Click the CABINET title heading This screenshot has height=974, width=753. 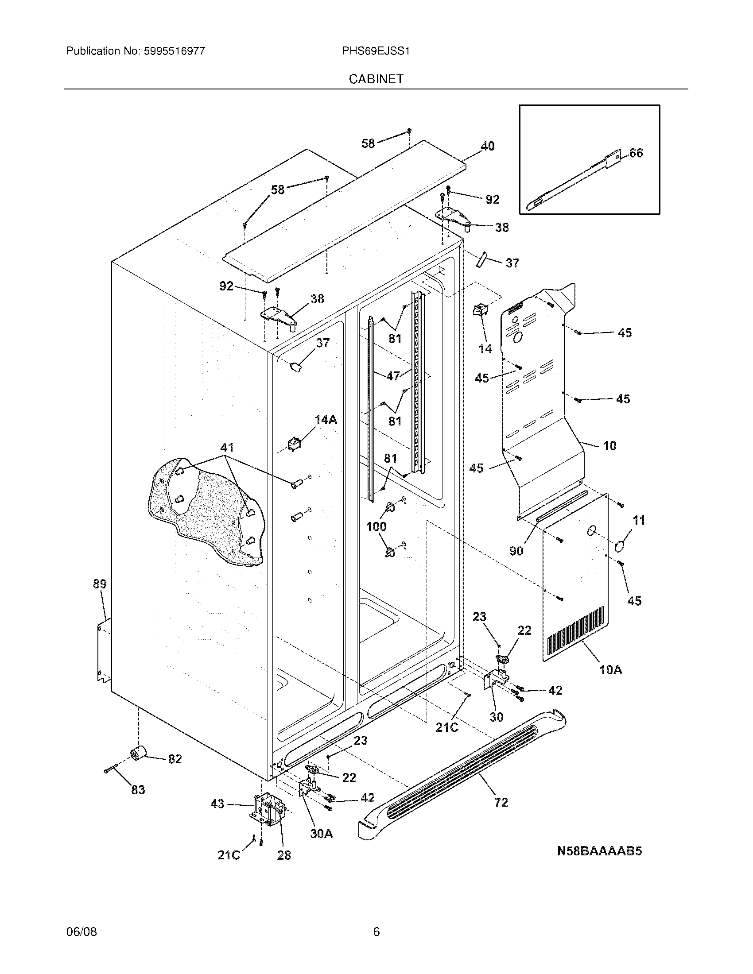tap(376, 79)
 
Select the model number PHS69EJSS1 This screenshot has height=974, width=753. tap(376, 51)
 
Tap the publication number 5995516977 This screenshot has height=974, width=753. tap(174, 51)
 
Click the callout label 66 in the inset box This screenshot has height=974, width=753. tap(636, 153)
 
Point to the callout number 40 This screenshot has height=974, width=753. tap(487, 146)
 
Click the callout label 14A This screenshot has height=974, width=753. tap(326, 419)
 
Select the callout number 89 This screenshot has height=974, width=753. tap(100, 584)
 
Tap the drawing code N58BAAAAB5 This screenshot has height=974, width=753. tap(599, 851)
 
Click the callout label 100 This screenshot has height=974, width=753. tap(376, 527)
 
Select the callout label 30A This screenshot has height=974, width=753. tap(322, 833)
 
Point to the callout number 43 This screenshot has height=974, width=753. tap(217, 804)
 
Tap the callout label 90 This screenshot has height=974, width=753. tap(516, 551)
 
